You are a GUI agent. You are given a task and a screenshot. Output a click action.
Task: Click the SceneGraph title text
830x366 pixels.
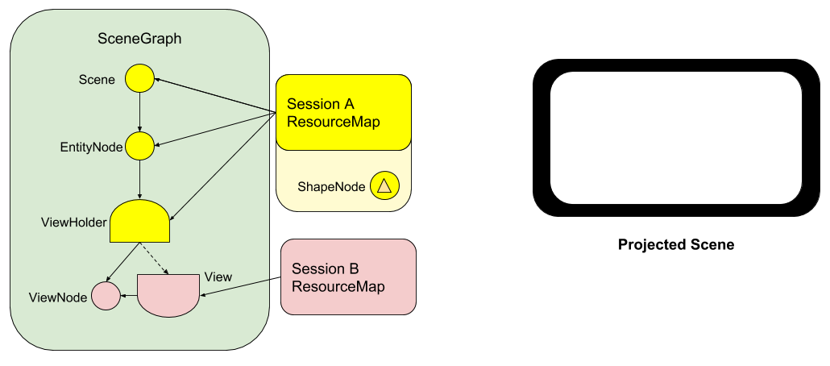pyautogui.click(x=139, y=38)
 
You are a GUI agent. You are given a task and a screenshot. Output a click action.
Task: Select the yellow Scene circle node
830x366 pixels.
pyautogui.click(x=139, y=79)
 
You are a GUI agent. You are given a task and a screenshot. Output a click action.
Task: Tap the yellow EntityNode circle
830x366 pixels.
pyautogui.click(x=139, y=146)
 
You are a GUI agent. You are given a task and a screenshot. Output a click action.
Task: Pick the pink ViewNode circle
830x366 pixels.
pyautogui.click(x=105, y=296)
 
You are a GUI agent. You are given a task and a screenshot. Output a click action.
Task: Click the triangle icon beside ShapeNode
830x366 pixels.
pyautogui.click(x=384, y=186)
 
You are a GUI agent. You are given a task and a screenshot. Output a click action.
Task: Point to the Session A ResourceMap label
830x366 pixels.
pyautogui.click(x=334, y=114)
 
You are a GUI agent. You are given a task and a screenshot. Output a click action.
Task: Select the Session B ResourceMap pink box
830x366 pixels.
pyautogui.click(x=348, y=277)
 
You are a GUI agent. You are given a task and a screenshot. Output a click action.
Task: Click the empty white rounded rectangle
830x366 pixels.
pyautogui.click(x=675, y=137)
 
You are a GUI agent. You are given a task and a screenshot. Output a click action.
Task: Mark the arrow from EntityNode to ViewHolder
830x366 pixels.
pyautogui.click(x=140, y=179)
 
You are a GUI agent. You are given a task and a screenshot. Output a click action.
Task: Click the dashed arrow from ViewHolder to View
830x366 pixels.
pyautogui.click(x=155, y=258)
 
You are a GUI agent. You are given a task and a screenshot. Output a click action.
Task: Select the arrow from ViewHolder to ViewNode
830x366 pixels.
pyautogui.click(x=123, y=262)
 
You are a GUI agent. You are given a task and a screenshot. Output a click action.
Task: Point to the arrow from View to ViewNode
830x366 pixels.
pyautogui.click(x=128, y=296)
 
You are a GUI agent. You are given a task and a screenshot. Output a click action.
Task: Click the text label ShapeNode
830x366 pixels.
pyautogui.click(x=331, y=186)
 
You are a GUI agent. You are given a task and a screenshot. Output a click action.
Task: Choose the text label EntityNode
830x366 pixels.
pyautogui.click(x=91, y=147)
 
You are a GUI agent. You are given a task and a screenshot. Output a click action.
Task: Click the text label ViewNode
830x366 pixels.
pyautogui.click(x=58, y=297)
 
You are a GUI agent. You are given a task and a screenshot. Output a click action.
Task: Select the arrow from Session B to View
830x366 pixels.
pyautogui.click(x=234, y=288)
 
